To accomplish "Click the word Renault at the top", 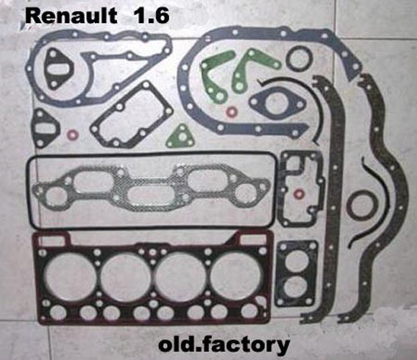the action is (x=71, y=16).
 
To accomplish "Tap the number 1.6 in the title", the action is (x=152, y=16).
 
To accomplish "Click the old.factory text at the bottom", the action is (x=224, y=345).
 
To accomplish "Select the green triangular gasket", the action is (x=180, y=137).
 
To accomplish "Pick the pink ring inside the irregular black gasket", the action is (x=299, y=193).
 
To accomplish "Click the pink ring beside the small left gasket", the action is (x=73, y=135).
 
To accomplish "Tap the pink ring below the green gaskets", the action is (x=232, y=111).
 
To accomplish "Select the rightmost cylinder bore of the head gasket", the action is (x=237, y=277).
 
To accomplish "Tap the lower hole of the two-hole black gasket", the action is (x=295, y=287).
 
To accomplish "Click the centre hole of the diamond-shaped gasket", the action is (x=277, y=102).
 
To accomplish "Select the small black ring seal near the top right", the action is (x=299, y=59).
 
